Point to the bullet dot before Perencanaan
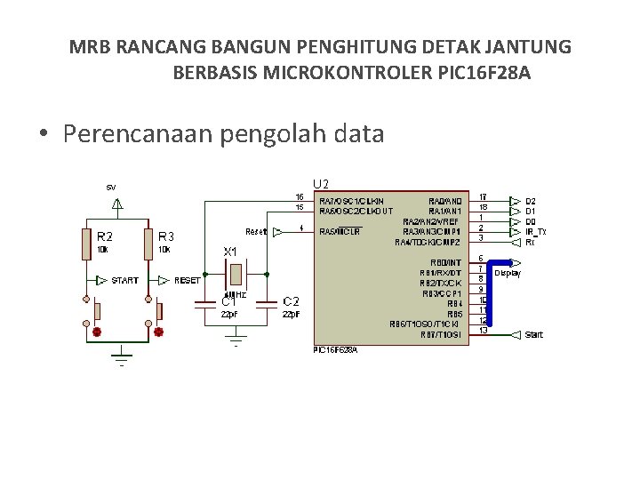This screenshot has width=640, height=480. point(43,135)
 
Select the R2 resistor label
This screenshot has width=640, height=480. point(105,236)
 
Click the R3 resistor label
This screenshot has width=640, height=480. point(166,236)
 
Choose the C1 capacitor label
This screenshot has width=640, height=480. point(228,301)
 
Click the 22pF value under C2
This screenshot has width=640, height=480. point(291,314)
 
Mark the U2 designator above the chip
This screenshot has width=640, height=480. point(321,183)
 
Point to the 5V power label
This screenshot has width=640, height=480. point(111,188)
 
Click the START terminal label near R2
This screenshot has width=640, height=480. point(125,280)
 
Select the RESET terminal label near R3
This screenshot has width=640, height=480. point(188,280)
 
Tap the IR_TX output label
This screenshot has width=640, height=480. point(535,231)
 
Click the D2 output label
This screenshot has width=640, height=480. point(531,202)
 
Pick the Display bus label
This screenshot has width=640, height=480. point(508,274)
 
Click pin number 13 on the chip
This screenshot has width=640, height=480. point(483,331)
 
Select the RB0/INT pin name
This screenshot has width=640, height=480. point(444,262)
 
